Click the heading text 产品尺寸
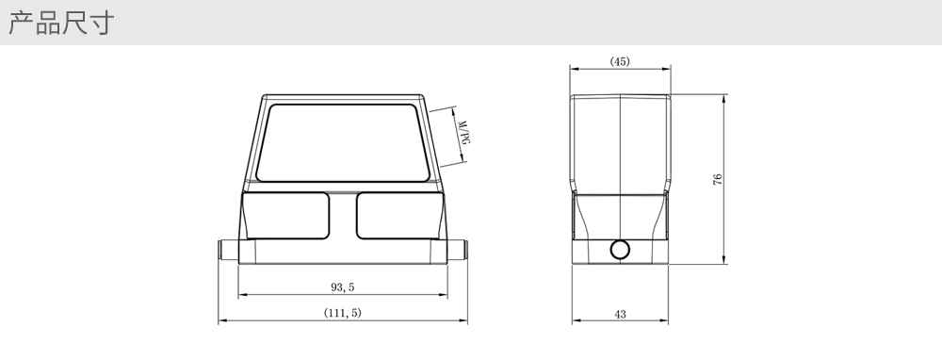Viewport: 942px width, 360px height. (60, 23)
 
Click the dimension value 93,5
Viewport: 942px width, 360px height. (343, 287)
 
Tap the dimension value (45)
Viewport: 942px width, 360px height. (620, 61)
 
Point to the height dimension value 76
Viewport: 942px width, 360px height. (717, 179)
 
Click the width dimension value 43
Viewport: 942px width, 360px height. (620, 314)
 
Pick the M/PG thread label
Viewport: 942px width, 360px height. (463, 133)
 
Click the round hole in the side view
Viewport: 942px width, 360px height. (620, 250)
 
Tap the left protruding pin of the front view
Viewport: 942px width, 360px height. (228, 250)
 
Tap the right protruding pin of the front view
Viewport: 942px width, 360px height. (457, 250)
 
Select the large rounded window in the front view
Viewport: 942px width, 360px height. (343, 143)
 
